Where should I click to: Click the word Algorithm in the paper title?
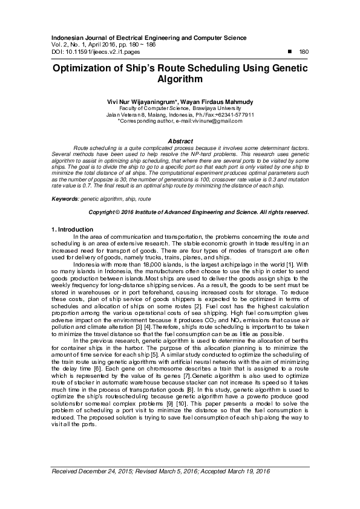point(180,80)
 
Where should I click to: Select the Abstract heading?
point(180,140)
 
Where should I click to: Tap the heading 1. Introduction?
point(71,230)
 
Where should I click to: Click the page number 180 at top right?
point(304,52)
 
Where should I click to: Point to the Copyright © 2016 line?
point(199,213)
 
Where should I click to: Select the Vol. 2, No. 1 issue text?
point(68,45)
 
